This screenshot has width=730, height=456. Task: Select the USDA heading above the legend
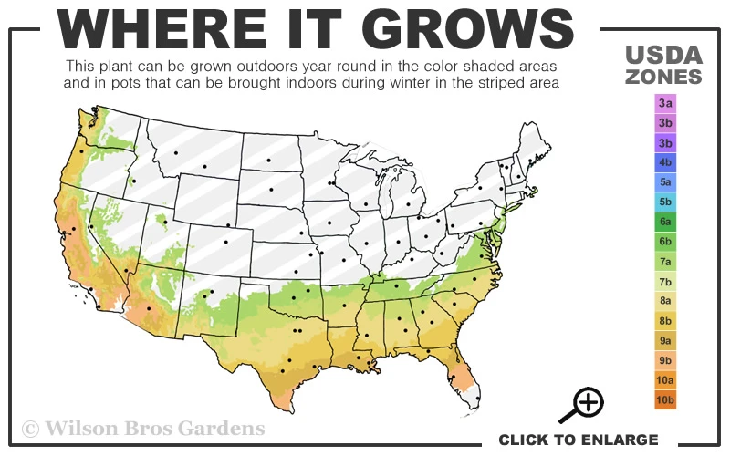[x=664, y=54]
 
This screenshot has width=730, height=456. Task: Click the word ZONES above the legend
[x=664, y=77]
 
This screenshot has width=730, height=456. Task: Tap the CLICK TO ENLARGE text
[x=579, y=440]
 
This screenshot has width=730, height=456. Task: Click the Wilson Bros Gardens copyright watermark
[x=143, y=428]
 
